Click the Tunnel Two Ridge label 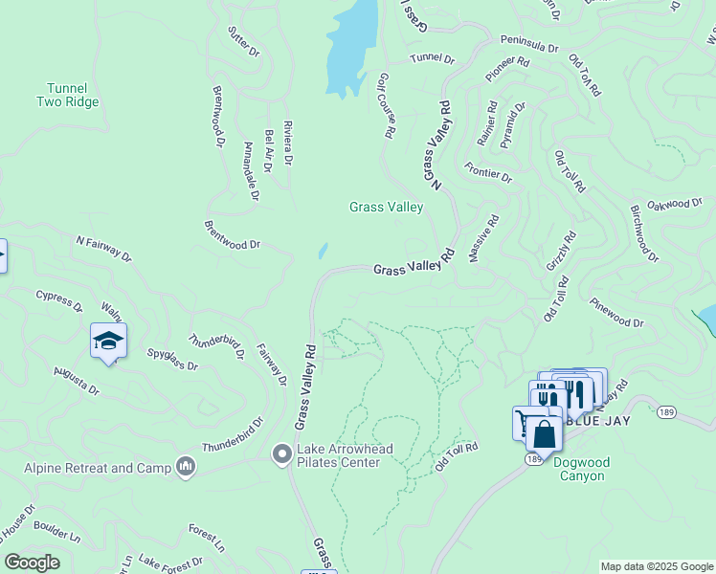click(68, 95)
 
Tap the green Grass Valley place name click(386, 207)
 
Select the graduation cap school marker click(108, 342)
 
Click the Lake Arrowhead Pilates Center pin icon click(281, 453)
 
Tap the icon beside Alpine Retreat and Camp click(185, 468)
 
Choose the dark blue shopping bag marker click(544, 434)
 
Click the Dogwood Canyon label click(581, 469)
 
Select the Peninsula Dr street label click(528, 45)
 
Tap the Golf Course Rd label click(387, 105)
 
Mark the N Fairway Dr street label click(103, 247)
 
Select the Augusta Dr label click(77, 380)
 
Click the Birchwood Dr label click(644, 232)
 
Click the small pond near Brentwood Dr click(323, 252)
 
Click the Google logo click(32, 563)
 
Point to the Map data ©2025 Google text click(656, 566)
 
